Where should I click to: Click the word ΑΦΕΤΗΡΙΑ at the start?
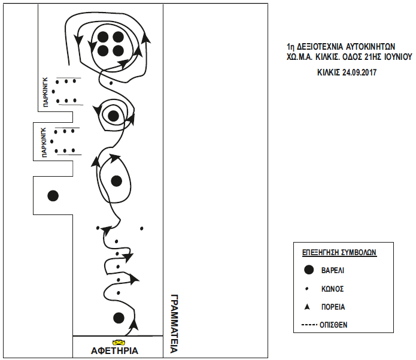114,350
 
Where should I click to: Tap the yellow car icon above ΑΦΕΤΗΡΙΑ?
119,341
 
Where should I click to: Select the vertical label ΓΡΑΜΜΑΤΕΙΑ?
174,323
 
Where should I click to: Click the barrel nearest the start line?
119,318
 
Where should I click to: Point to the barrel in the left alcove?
53,196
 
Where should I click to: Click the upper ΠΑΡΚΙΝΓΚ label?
45,92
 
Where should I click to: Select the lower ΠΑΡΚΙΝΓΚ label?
44,143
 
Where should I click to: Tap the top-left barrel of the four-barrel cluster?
103,37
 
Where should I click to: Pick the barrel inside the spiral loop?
114,116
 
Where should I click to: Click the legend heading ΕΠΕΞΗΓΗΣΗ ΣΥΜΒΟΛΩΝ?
339,252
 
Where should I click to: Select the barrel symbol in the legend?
308,270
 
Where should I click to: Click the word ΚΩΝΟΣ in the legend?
332,289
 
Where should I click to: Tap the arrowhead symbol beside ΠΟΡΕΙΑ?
307,307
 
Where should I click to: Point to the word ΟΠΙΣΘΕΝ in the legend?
333,325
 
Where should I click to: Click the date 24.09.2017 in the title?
359,72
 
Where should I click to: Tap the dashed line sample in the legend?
309,325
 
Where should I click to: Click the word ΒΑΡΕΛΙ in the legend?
333,270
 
